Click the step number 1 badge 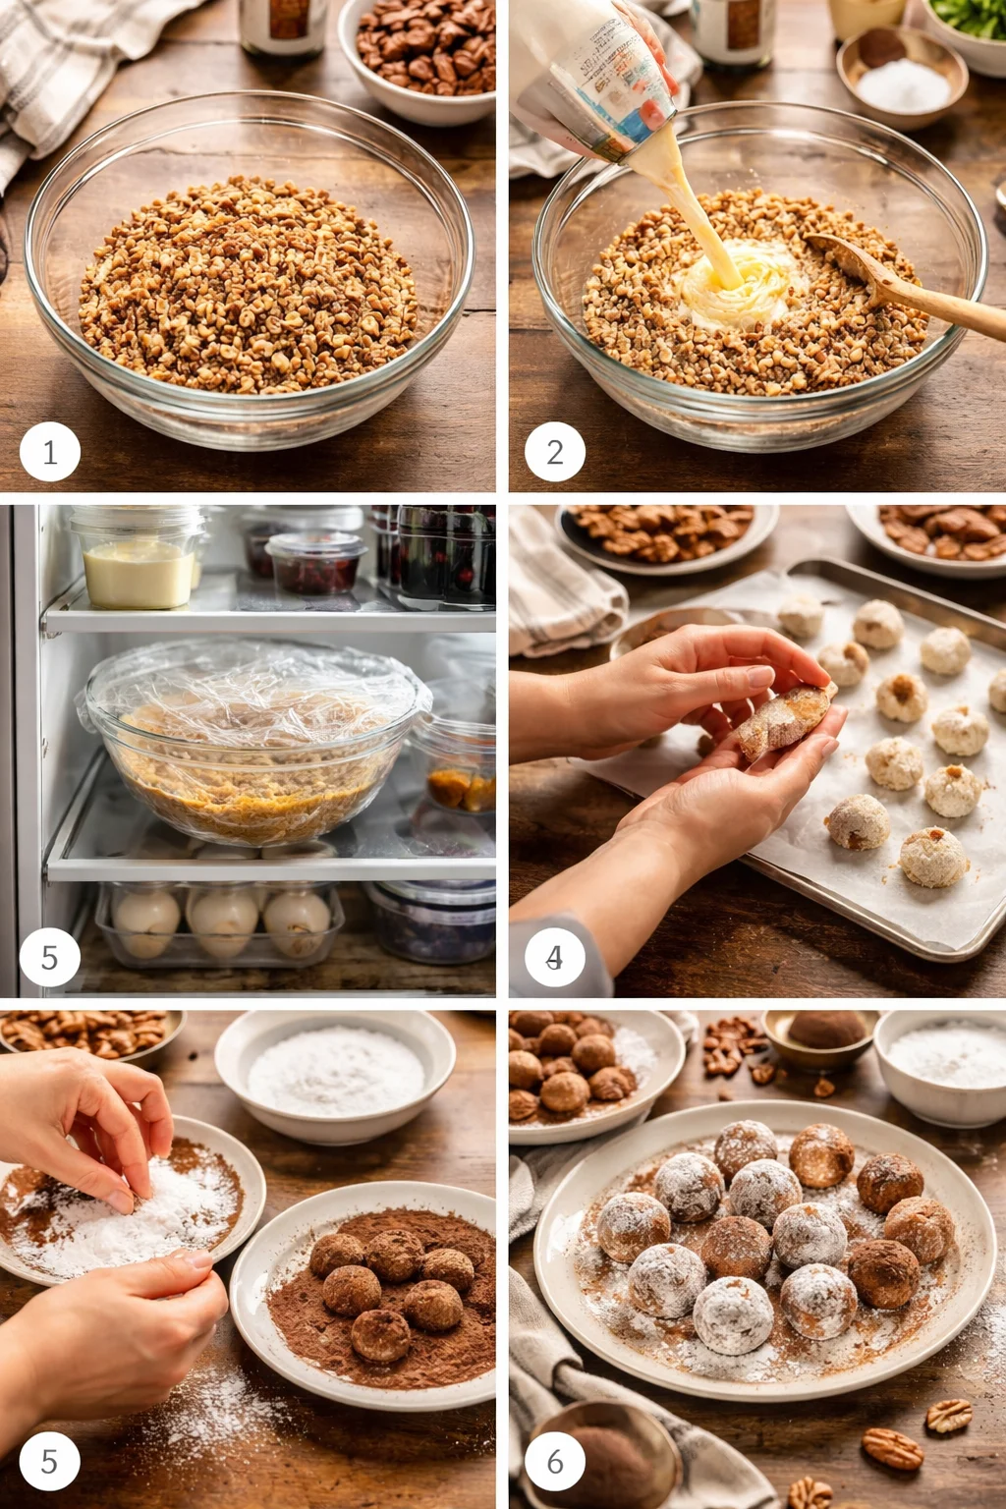(49, 452)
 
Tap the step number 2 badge (555, 452)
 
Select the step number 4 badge (555, 957)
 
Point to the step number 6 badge (555, 1461)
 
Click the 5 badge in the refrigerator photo (49, 957)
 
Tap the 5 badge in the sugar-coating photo (49, 1461)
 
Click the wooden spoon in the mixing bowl (904, 285)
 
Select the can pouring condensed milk (599, 74)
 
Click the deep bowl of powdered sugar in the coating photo (334, 1076)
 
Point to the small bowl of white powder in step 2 (902, 79)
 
